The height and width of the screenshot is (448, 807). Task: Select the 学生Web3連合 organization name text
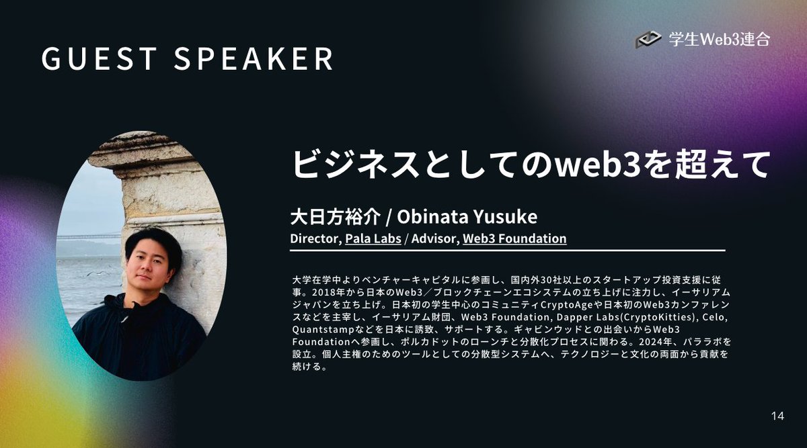pyautogui.click(x=719, y=40)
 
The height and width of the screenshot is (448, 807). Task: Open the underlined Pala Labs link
pyautogui.click(x=373, y=238)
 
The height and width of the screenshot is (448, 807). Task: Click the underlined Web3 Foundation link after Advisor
pyautogui.click(x=514, y=238)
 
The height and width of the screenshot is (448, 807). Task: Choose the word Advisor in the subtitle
pyautogui.click(x=436, y=238)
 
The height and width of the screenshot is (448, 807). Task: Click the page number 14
pyautogui.click(x=777, y=416)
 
